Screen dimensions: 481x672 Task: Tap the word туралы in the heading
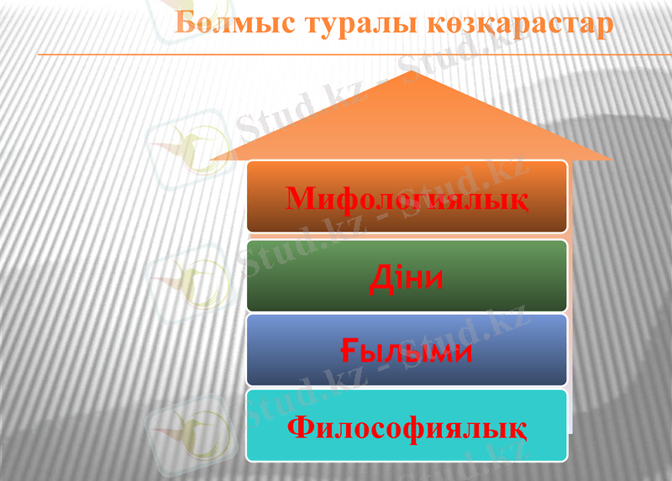[345, 24]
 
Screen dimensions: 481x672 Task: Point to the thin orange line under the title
[336, 55]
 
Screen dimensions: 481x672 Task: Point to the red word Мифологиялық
[407, 200]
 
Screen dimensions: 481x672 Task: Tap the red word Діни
[406, 278]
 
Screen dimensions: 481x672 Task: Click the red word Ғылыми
[407, 352]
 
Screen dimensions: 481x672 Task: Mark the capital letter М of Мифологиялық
[300, 199]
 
